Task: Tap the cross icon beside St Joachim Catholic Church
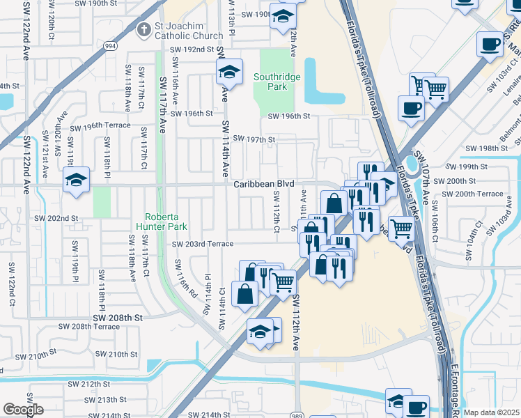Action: point(143,30)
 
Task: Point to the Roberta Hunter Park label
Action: point(168,222)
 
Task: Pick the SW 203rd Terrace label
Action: point(203,244)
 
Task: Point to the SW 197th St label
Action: point(254,139)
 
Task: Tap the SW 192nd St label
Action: point(192,49)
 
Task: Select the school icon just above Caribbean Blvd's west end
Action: point(76,180)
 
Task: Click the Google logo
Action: point(23,410)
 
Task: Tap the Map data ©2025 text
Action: point(492,412)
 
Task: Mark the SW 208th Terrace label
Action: point(88,326)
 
